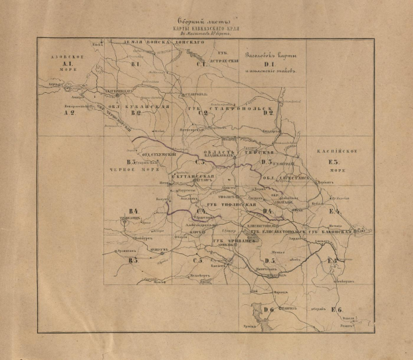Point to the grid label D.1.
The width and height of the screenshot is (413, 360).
268,64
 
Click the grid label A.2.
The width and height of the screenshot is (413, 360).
68,113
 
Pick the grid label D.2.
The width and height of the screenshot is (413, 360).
268,113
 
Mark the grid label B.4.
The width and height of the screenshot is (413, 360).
133,211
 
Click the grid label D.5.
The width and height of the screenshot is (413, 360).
268,261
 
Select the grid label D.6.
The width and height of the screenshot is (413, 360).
268,310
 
